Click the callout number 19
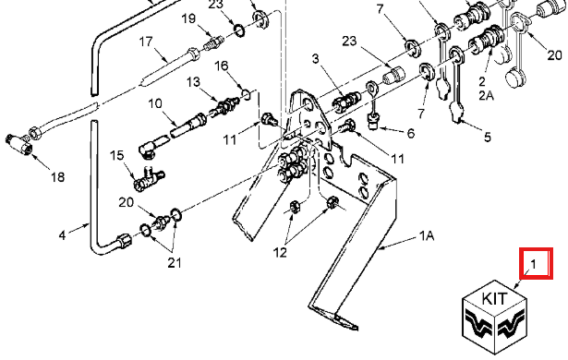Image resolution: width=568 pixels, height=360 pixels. click(x=188, y=18)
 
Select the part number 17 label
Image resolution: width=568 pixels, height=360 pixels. click(x=146, y=42)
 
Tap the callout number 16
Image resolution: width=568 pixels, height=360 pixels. click(x=222, y=66)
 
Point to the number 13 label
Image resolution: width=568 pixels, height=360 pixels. click(x=193, y=82)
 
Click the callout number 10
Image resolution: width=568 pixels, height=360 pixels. click(x=155, y=104)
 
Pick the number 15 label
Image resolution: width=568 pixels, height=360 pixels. click(x=116, y=155)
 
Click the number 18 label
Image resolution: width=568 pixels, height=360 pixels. click(x=57, y=177)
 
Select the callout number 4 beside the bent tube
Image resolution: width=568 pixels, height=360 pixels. click(x=62, y=235)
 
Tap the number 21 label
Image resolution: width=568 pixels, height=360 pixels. click(x=175, y=263)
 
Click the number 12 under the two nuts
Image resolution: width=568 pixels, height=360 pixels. click(x=280, y=252)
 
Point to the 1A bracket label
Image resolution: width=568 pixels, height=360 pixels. click(x=427, y=236)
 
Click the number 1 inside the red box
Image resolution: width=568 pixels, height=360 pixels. click(x=533, y=264)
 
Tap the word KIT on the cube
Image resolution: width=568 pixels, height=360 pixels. click(x=494, y=299)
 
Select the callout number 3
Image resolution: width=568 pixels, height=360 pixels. click(x=316, y=58)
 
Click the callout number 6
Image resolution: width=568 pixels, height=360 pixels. click(x=410, y=133)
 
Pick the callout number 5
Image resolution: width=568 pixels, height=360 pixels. click(x=488, y=138)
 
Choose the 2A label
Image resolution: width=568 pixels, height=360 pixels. click(x=487, y=96)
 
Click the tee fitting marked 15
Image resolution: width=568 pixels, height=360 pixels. click(x=149, y=178)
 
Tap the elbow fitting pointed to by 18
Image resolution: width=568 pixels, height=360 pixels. click(x=19, y=143)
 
